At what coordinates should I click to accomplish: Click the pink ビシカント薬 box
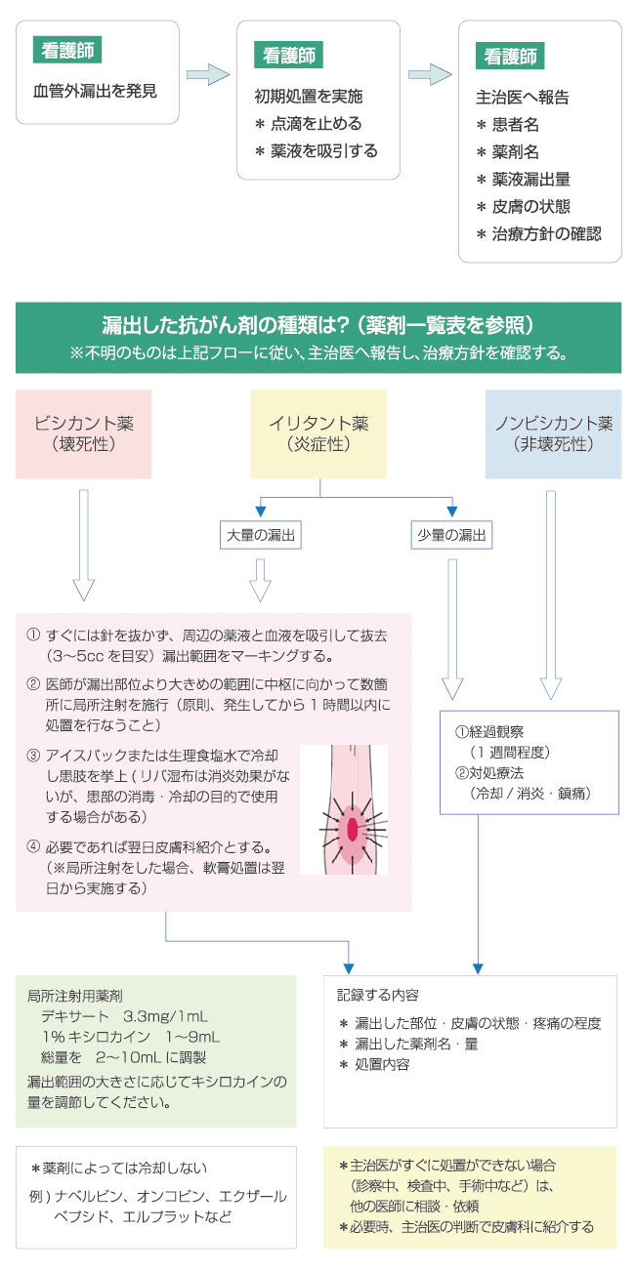click(x=84, y=433)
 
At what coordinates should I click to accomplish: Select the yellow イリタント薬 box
click(x=318, y=433)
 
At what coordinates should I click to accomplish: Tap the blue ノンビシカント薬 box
click(x=553, y=433)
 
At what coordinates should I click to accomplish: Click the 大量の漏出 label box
click(x=260, y=535)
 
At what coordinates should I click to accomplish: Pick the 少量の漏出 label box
click(x=452, y=535)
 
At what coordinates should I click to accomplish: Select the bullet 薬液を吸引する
click(x=316, y=151)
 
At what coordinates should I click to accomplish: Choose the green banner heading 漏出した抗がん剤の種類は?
click(x=317, y=325)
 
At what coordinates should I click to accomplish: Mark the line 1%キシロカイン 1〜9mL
click(x=132, y=1037)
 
